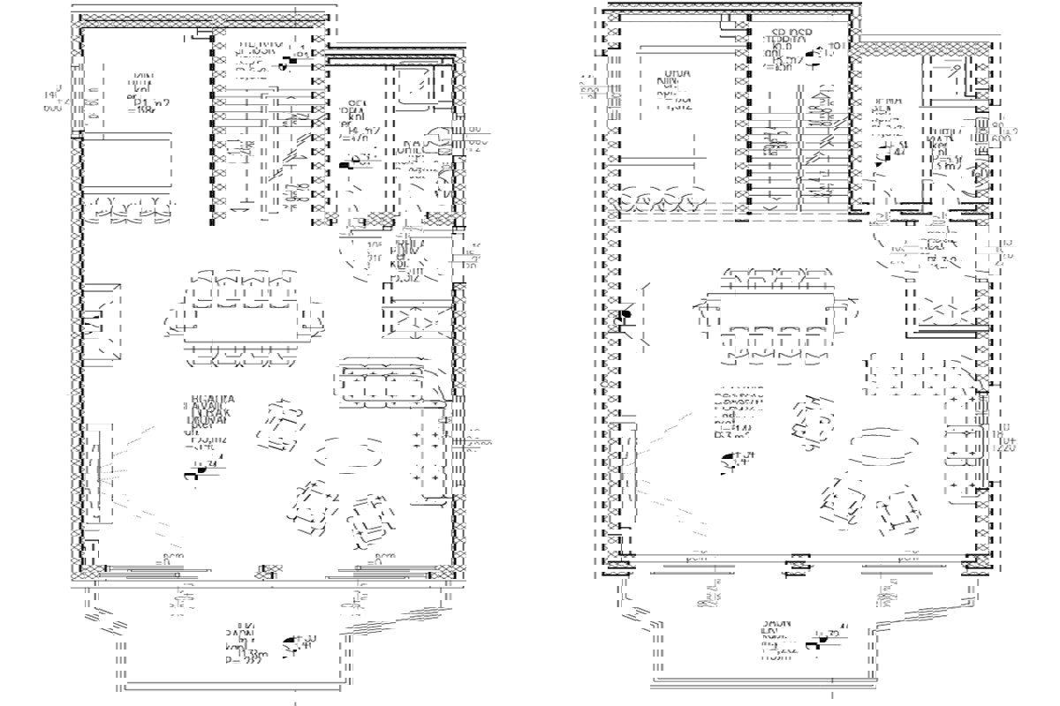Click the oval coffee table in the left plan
click(x=349, y=454)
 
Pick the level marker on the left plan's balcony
click(x=290, y=646)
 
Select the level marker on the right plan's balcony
click(x=814, y=644)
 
